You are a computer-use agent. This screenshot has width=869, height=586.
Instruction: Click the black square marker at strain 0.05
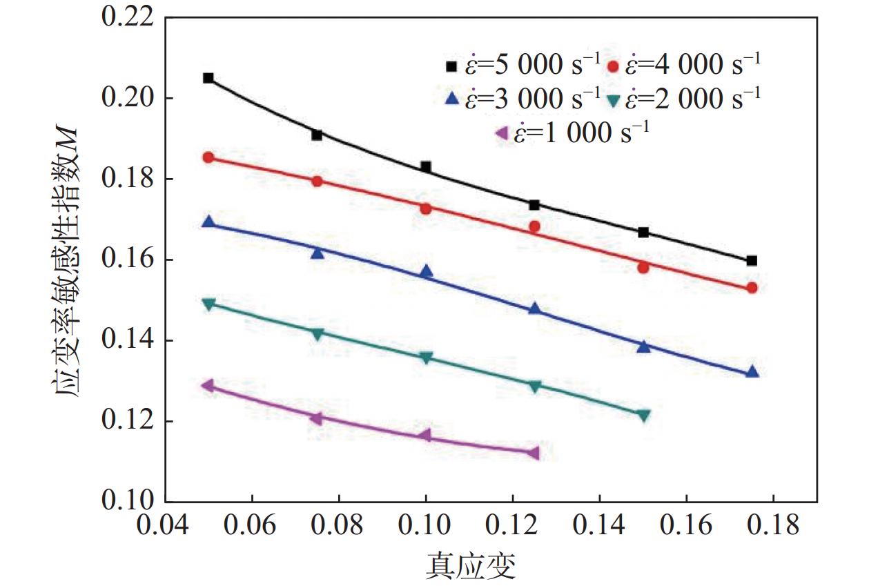point(208,78)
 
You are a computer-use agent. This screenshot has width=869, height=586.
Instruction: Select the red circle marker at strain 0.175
point(752,288)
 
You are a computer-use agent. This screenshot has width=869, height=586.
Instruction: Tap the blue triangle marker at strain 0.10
point(426,271)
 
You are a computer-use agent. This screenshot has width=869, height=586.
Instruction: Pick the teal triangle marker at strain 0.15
point(643,416)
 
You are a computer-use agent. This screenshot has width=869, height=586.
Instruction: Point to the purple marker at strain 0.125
point(533,453)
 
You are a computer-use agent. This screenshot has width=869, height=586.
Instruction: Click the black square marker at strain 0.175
point(752,260)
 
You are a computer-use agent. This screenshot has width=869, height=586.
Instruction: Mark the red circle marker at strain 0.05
point(208,157)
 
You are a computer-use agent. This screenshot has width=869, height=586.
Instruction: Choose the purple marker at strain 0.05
point(207,385)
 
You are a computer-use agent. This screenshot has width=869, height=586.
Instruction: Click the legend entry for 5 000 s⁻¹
point(523,66)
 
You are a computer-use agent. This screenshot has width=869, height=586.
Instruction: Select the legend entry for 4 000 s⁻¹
point(685,66)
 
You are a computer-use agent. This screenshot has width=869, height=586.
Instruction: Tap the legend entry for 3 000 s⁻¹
point(523,99)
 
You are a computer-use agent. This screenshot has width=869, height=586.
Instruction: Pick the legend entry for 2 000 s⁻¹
point(685,99)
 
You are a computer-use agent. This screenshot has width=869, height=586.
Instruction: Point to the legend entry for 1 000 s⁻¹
point(573,132)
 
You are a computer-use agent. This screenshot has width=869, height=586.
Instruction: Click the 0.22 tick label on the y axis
point(126,17)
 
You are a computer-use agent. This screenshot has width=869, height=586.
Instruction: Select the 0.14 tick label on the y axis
point(126,340)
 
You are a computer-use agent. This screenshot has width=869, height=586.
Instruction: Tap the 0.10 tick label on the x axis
point(426,526)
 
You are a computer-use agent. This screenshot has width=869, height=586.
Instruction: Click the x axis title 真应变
point(470,567)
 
